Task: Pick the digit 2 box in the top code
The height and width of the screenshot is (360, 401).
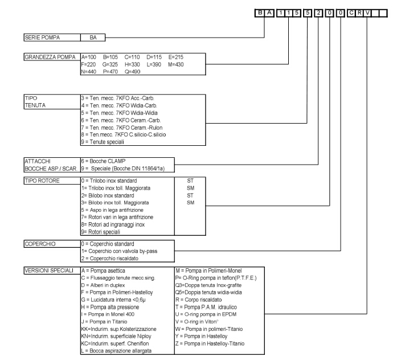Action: click(318, 11)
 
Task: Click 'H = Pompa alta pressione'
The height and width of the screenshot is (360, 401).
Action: click(114, 297)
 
